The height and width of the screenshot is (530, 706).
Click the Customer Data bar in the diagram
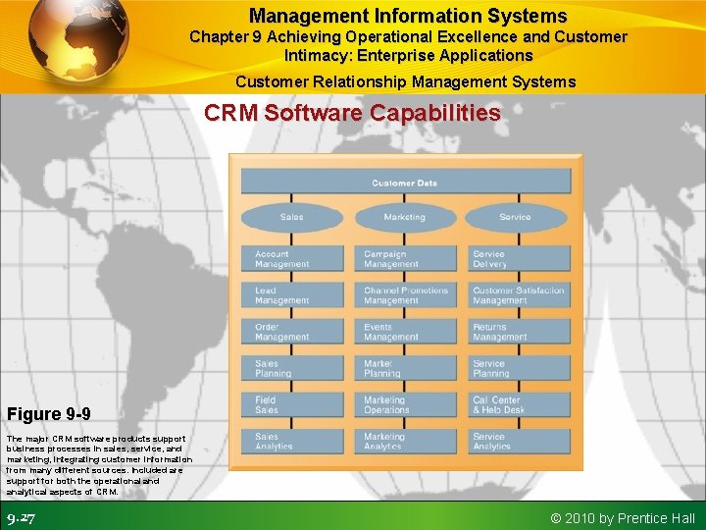(405, 182)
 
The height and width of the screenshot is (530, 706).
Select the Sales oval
(291, 217)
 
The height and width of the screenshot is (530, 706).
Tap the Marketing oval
(404, 217)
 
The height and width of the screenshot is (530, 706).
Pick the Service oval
(515, 217)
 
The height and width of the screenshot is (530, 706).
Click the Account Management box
(293, 259)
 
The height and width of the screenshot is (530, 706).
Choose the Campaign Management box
(405, 259)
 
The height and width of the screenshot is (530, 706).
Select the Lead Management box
(293, 295)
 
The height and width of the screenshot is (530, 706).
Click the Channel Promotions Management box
(405, 295)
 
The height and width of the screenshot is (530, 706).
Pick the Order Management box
(293, 332)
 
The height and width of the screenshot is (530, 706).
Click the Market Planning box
(405, 368)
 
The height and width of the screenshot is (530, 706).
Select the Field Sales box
(293, 404)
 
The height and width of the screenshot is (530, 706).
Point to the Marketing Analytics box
(405, 441)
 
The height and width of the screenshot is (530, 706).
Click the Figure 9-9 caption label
(49, 414)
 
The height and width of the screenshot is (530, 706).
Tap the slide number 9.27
(21, 518)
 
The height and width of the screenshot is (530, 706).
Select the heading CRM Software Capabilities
(352, 113)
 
